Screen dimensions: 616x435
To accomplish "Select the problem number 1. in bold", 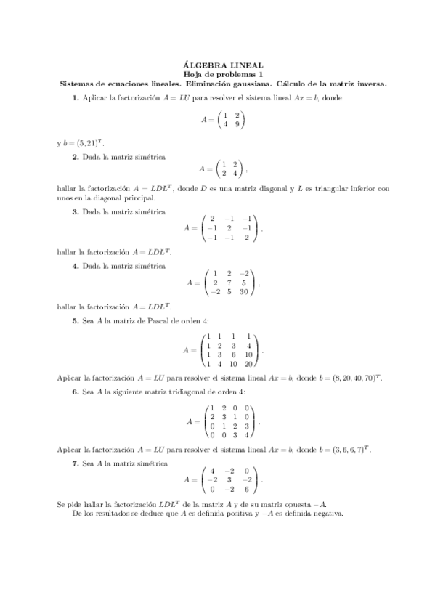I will click(x=76, y=97).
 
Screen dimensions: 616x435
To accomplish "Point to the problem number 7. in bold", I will click(x=76, y=463).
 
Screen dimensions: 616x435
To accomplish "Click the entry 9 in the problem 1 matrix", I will click(x=237, y=123).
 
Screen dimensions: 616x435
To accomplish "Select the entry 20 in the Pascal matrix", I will click(x=249, y=364).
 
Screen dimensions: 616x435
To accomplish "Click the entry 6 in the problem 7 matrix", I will click(x=247, y=490).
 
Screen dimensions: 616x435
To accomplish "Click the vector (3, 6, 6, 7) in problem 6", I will click(x=345, y=450).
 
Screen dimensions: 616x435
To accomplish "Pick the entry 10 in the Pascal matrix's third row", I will click(x=249, y=354).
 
